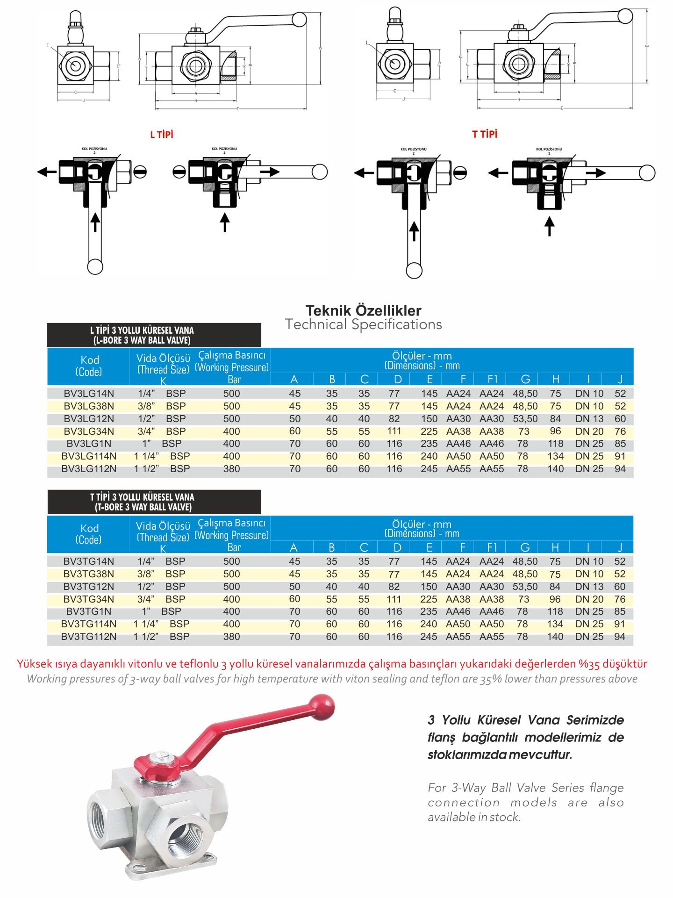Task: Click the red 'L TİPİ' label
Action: pos(162,135)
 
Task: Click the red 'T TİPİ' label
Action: pos(485,135)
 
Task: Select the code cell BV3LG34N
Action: pos(89,431)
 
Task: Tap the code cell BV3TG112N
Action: pos(89,637)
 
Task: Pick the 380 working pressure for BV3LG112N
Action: pos(231,469)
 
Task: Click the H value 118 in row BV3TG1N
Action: pos(555,611)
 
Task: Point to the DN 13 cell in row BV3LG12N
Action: pos(589,419)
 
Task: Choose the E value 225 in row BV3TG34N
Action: pos(429,599)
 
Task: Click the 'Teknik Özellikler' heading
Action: pos(363,310)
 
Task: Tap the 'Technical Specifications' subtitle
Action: pos(363,324)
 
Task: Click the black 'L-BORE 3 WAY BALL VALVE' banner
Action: pos(154,335)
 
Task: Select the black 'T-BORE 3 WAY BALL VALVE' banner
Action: pos(154,502)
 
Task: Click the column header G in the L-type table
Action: pos(525,379)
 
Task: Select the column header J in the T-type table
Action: pos(620,547)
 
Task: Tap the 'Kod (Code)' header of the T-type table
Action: pos(89,534)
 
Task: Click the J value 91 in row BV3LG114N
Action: pos(620,456)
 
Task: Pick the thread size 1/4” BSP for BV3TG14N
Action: pos(161,561)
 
